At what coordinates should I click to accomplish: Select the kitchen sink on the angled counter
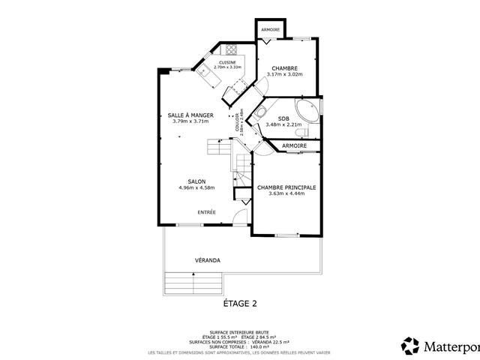203,71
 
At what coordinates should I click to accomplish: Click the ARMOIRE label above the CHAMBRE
271,29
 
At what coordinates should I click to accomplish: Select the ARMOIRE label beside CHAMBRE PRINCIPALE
294,145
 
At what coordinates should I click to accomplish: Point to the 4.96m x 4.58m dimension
197,187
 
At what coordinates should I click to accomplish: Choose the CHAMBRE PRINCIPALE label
286,187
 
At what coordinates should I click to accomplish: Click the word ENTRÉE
207,212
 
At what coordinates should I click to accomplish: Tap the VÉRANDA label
207,260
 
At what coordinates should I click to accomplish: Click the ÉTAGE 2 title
240,304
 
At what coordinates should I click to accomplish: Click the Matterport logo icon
410,346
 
